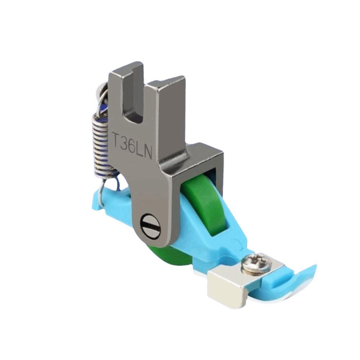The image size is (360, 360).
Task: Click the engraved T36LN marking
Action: [x=133, y=142]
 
